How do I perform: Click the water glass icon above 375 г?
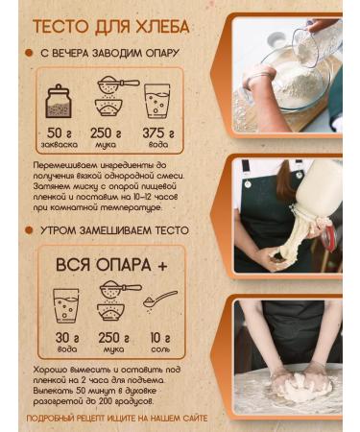point(156,100)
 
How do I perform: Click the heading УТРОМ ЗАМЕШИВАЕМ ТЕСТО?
point(113,230)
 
